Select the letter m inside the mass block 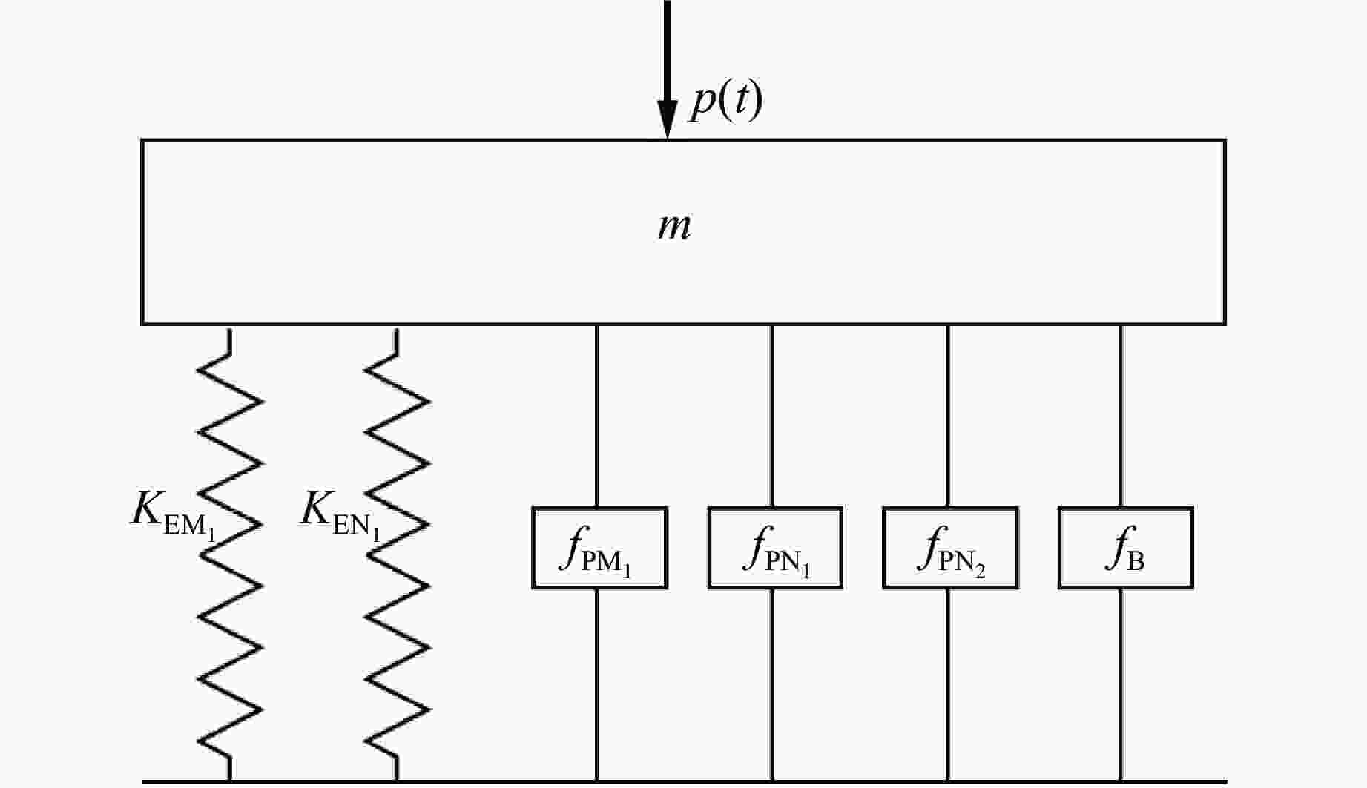[x=674, y=226]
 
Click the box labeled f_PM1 [x=599, y=548]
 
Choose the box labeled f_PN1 [x=775, y=548]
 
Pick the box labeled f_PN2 [x=950, y=548]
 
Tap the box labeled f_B [x=1125, y=548]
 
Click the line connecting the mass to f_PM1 [x=597, y=415]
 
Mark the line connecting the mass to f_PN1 [x=772, y=415]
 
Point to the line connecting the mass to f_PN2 [x=948, y=415]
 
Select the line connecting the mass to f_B [x=1121, y=415]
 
